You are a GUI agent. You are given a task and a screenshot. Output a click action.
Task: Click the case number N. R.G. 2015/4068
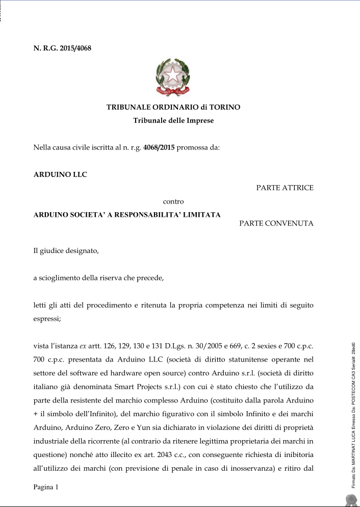[62, 49]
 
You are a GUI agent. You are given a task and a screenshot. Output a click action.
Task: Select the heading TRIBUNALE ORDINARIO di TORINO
[173, 108]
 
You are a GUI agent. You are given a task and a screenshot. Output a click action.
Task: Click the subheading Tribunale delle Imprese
[173, 121]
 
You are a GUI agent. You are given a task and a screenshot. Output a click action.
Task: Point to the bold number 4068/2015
[159, 148]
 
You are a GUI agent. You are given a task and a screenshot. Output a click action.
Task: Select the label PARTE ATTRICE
[285, 188]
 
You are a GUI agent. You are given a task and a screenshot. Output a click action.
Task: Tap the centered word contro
[173, 201]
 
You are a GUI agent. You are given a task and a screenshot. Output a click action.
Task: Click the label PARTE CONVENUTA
[276, 223]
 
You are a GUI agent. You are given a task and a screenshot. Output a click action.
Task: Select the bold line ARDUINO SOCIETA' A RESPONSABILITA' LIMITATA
[127, 215]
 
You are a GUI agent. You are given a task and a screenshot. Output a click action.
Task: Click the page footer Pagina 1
[46, 488]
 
